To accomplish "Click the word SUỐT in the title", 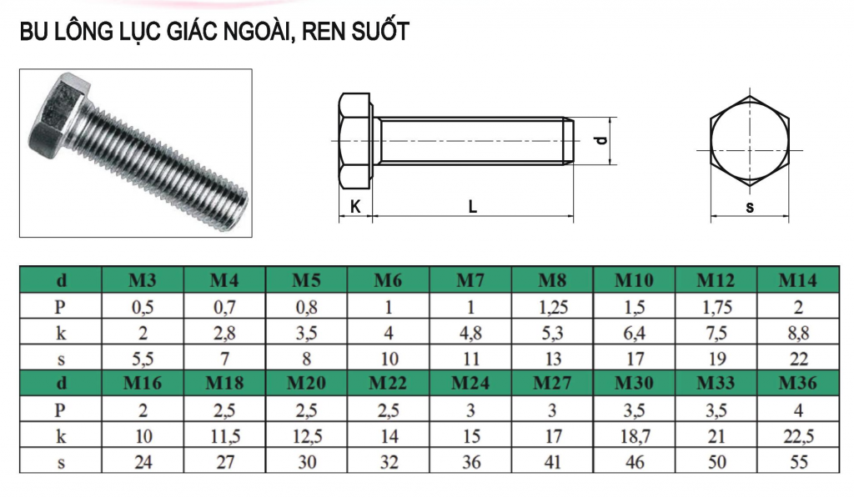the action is (379, 31).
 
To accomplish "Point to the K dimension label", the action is (355, 207).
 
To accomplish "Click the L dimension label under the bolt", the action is (472, 207).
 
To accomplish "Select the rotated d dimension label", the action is (600, 139).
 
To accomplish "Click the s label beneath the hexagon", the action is (750, 207).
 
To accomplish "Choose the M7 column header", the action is (470, 280).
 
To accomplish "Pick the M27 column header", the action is (552, 383).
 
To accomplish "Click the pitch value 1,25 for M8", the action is (553, 307).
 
